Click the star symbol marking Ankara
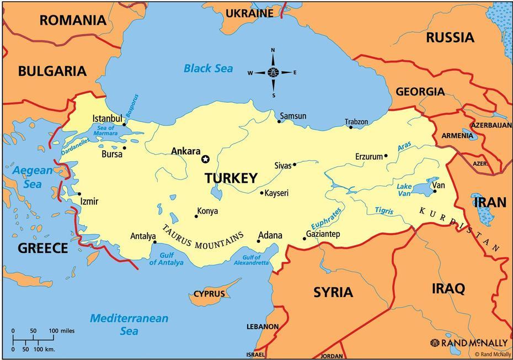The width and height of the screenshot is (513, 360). pyautogui.click(x=206, y=159)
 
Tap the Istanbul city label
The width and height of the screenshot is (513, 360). pyautogui.click(x=106, y=119)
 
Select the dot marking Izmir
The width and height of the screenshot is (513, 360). pyautogui.click(x=79, y=194)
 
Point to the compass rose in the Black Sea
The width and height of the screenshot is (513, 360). pyautogui.click(x=272, y=72)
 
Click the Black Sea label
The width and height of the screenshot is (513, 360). pyautogui.click(x=208, y=69)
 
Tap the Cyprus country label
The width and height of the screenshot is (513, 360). pyautogui.click(x=209, y=294)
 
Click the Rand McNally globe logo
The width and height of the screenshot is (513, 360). pyautogui.click(x=435, y=343)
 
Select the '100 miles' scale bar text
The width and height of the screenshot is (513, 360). pyautogui.click(x=61, y=331)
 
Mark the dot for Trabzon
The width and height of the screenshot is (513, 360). pyautogui.click(x=351, y=128)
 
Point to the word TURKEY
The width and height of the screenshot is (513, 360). pyautogui.click(x=231, y=178)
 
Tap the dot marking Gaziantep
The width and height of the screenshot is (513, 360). pyautogui.click(x=304, y=239)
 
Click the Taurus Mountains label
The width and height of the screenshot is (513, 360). pyautogui.click(x=203, y=239)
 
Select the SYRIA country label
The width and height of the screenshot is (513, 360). pyautogui.click(x=333, y=292)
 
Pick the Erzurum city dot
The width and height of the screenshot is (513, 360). pyautogui.click(x=386, y=156)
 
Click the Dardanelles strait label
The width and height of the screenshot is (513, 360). pyautogui.click(x=74, y=145)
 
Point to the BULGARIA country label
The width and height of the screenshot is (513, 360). pyautogui.click(x=52, y=71)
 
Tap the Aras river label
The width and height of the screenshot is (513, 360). pyautogui.click(x=404, y=146)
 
